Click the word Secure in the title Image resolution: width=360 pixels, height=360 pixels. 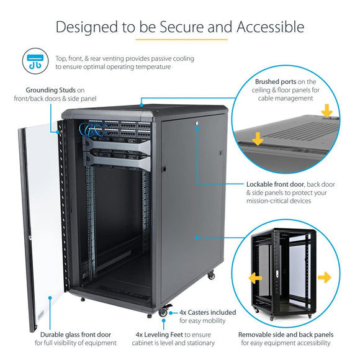pyautogui.click(x=186, y=27)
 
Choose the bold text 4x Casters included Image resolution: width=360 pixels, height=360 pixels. pyautogui.click(x=207, y=312)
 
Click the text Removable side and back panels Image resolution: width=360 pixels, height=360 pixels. pyautogui.click(x=284, y=335)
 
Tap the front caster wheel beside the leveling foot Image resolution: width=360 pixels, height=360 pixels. pyautogui.click(x=163, y=313)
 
